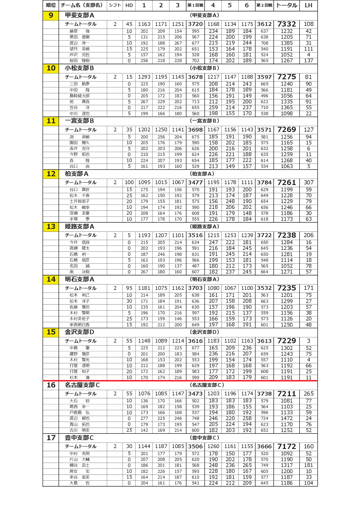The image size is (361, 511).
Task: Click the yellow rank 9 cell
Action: coord(51,15)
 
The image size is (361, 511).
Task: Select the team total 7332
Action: coord(286,24)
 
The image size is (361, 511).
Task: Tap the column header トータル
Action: coord(286,5)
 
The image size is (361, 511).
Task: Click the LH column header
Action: coord(308,5)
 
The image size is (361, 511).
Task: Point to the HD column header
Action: coord(129,5)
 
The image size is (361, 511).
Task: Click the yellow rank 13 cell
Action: coord(51,227)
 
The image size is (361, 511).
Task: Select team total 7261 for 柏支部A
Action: coord(286,183)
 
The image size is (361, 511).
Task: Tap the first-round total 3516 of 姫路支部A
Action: coord(195,235)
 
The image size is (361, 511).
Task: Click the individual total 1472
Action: coord(286,418)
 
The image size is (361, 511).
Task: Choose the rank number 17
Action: coord(51,438)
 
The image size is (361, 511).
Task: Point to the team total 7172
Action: coord(286,447)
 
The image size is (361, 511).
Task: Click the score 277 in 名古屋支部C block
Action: coord(144,418)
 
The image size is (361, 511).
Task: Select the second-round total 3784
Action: coord(264,183)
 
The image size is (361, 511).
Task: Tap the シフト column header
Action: coord(115,5)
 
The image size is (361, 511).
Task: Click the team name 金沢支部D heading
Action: coord(79,332)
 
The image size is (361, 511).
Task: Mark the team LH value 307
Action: coord(309,183)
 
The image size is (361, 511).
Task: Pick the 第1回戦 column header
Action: coord(195,5)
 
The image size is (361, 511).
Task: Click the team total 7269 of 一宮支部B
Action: coord(286,130)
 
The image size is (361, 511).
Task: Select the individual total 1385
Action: coord(286,43)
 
